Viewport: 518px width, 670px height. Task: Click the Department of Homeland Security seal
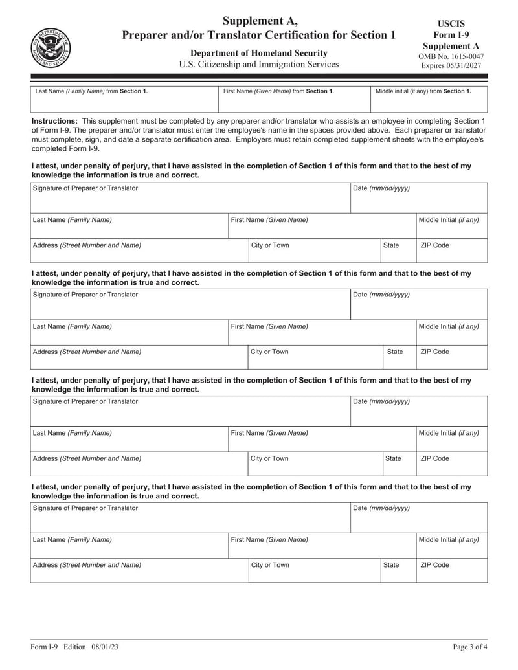[x=51, y=48]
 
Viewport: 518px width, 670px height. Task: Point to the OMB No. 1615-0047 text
[x=451, y=56]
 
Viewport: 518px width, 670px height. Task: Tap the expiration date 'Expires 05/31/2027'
[x=451, y=66]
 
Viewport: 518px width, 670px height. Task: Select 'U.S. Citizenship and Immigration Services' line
[x=258, y=65]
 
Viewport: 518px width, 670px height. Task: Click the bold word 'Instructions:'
[x=54, y=121]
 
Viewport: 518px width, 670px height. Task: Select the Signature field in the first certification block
[x=190, y=198]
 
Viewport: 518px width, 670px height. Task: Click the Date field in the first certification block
[x=419, y=198]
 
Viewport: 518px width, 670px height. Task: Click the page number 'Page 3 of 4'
[x=469, y=647]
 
